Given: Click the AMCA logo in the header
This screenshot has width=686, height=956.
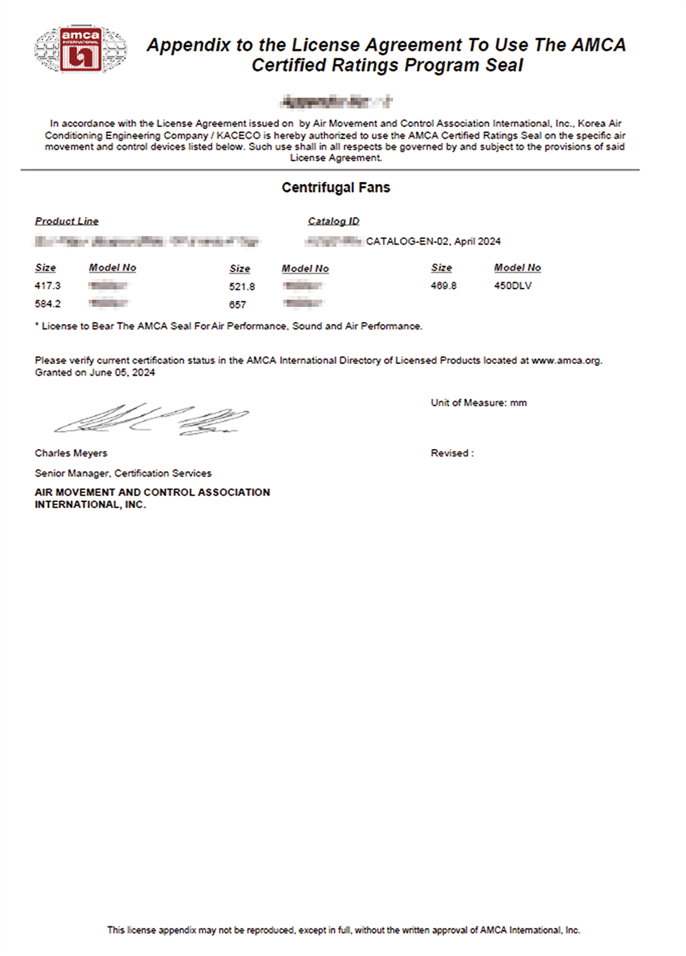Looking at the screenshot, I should (80, 49).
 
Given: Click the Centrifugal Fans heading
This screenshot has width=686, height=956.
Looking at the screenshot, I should (335, 187).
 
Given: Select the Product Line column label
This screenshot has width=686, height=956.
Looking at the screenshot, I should (67, 221).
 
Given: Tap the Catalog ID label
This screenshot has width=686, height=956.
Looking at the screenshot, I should (333, 221).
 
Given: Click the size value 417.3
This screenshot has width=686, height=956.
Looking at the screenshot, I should (47, 286).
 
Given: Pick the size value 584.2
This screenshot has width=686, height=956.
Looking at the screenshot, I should (47, 304).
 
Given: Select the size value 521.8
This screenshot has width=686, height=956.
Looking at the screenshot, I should (242, 287).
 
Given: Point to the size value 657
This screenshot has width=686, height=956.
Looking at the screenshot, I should (237, 305).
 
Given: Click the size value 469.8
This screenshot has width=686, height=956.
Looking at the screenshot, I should (443, 286).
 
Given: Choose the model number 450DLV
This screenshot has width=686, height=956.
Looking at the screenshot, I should (512, 286).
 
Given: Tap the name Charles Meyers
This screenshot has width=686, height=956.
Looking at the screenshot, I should (71, 453).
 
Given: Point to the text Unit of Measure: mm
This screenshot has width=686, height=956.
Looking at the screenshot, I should (479, 403).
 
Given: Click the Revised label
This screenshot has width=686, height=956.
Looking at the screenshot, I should (451, 453).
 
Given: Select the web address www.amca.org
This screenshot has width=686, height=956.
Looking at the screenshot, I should (566, 361).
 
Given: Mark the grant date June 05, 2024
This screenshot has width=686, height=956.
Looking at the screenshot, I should (122, 373).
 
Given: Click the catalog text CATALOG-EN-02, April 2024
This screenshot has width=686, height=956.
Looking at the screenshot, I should (433, 242).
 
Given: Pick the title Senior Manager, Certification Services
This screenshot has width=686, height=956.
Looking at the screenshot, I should (123, 473).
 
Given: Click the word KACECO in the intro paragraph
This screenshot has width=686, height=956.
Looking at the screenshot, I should (238, 135).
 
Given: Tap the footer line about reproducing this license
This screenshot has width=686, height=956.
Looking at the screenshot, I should (343, 931).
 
